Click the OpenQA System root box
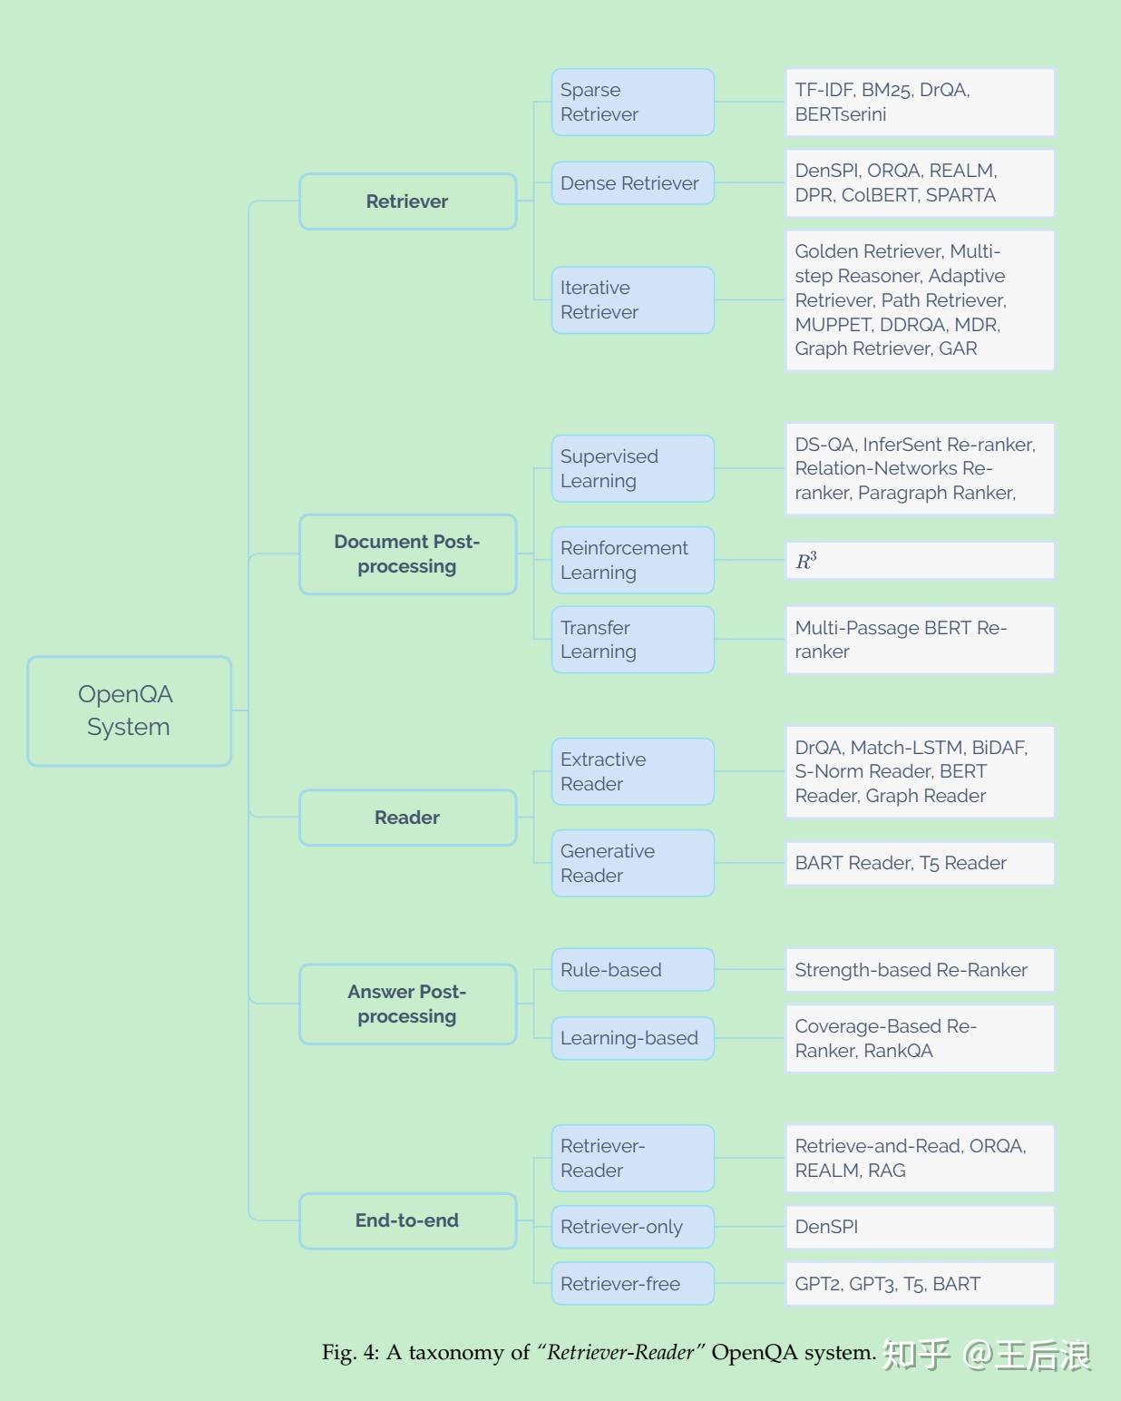coord(129,710)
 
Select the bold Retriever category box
coord(407,201)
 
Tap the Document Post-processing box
coord(407,554)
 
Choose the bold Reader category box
coord(407,817)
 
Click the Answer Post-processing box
coord(407,1004)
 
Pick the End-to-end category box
coord(407,1220)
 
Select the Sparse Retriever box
coord(632,102)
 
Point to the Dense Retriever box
coord(632,183)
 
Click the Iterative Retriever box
coord(632,299)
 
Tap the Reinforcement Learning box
coord(632,560)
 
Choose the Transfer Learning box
coord(632,640)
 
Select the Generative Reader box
coord(632,863)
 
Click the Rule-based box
coord(632,969)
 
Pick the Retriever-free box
coord(632,1283)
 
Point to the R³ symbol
coord(806,560)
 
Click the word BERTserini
coord(840,114)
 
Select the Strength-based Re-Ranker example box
coord(920,969)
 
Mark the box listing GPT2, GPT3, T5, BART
coord(920,1283)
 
